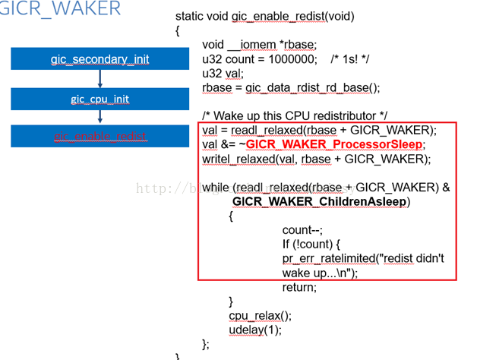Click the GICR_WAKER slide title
coord(60,9)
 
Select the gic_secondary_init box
coord(100,58)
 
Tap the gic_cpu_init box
coord(100,99)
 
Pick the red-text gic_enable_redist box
coord(100,137)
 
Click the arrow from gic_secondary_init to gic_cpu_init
coord(100,79)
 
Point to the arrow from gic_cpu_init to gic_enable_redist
coord(100,117)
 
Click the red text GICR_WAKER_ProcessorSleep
coord(335,144)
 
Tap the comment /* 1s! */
coord(354,58)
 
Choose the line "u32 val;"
coord(223,73)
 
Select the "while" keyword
coord(216,187)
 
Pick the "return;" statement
coord(299,287)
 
